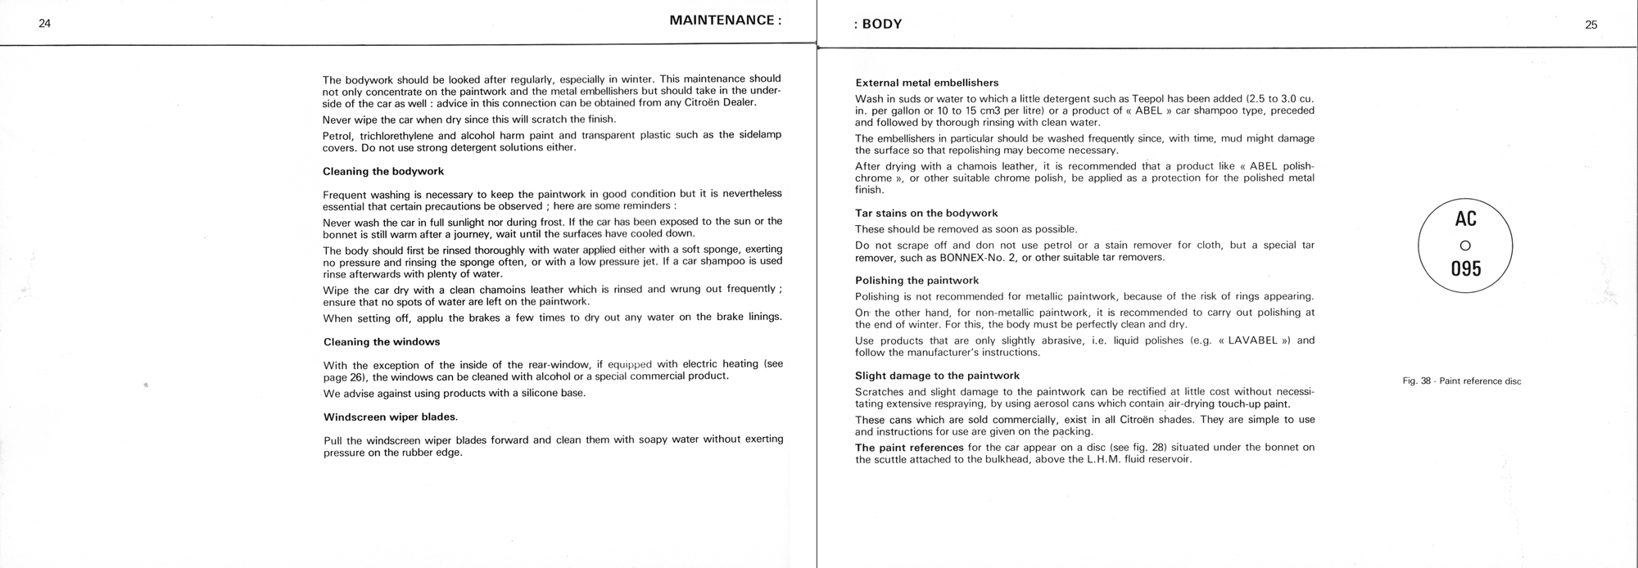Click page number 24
click(44, 24)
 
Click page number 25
click(1590, 25)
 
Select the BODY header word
click(882, 25)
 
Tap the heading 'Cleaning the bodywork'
click(383, 172)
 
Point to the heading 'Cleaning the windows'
click(382, 342)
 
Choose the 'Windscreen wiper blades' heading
click(391, 417)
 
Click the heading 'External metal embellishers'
click(926, 83)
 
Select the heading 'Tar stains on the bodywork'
click(926, 214)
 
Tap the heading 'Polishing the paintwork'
click(916, 281)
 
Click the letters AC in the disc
click(1465, 219)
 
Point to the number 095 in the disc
click(1465, 268)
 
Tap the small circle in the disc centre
click(1465, 245)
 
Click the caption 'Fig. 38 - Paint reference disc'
click(1462, 381)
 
